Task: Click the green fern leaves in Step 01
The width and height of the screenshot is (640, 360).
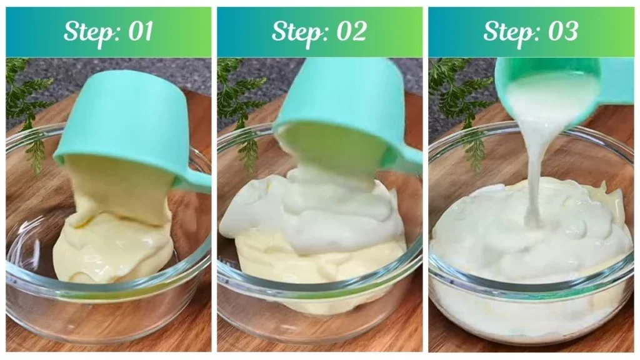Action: (x=28, y=106)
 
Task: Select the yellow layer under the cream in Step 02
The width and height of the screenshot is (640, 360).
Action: (x=312, y=262)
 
